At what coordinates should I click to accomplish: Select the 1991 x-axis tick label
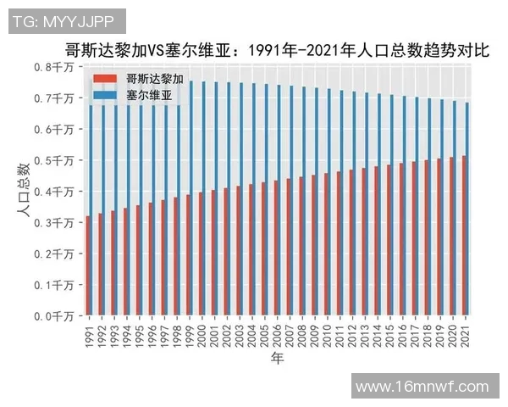click(x=89, y=332)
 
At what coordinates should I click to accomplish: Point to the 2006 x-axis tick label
click(x=278, y=332)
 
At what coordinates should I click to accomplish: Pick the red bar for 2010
click(x=325, y=244)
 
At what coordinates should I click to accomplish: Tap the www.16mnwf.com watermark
click(x=422, y=386)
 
